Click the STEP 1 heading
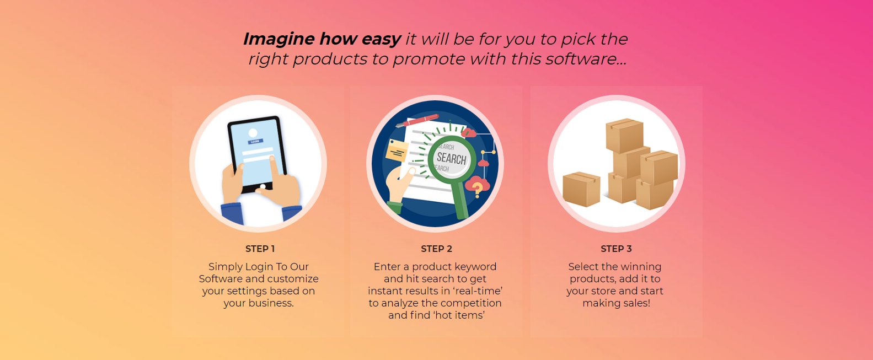(x=260, y=249)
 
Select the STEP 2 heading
(x=437, y=249)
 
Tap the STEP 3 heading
(x=616, y=249)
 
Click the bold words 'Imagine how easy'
(x=322, y=39)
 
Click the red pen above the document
(x=417, y=120)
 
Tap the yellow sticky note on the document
(x=397, y=150)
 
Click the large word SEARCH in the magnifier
(x=451, y=158)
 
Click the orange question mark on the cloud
(x=477, y=189)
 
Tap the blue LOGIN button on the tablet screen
(x=255, y=142)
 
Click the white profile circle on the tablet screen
(x=253, y=133)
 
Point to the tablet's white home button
(x=263, y=187)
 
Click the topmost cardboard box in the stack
(x=624, y=135)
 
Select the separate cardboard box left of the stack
(x=581, y=189)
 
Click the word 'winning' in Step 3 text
(x=641, y=267)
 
